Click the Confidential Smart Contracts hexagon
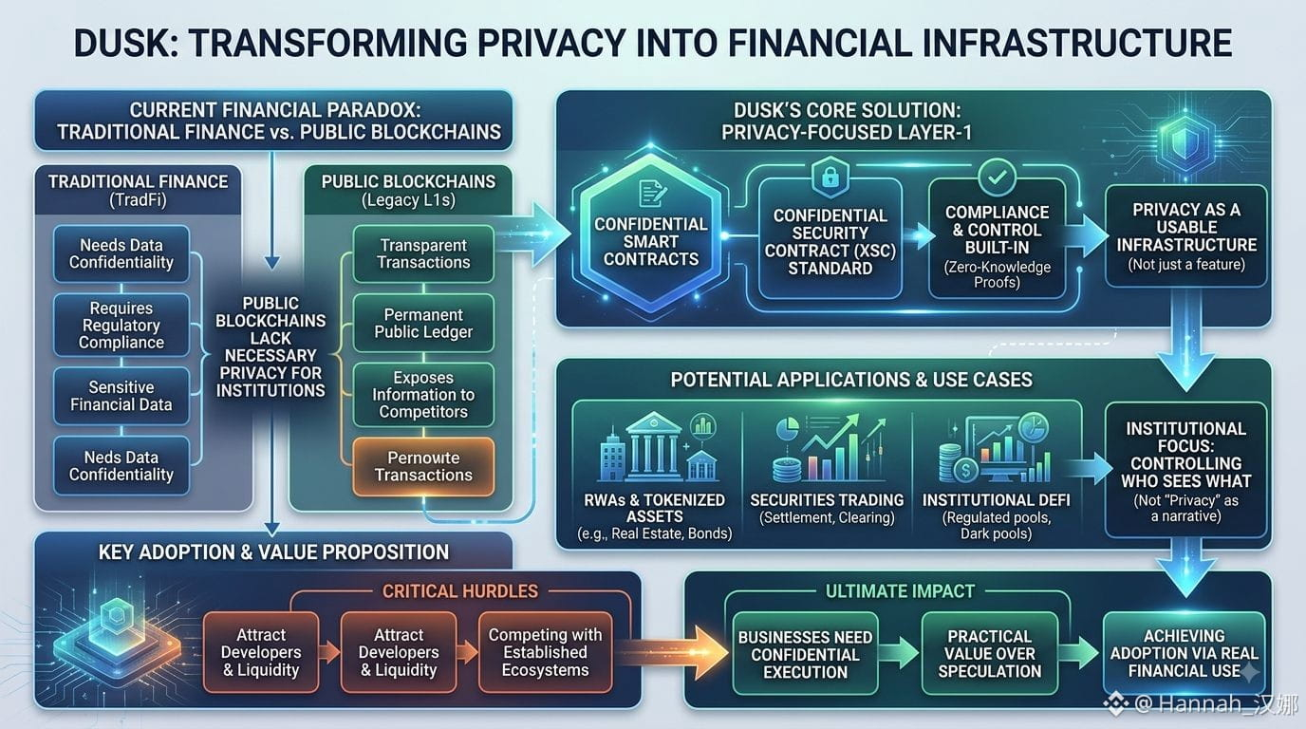651,236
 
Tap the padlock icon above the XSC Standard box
830,177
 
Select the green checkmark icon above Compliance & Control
997,177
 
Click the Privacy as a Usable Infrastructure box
1185,236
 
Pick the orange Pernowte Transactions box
423,467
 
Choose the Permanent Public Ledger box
423,323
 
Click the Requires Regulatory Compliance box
121,325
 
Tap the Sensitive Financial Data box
121,396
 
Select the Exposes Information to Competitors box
423,395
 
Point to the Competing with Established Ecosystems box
545,652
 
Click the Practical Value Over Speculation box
989,653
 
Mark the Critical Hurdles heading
460,591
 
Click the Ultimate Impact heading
900,591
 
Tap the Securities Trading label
827,500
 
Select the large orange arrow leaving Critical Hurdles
670,652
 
